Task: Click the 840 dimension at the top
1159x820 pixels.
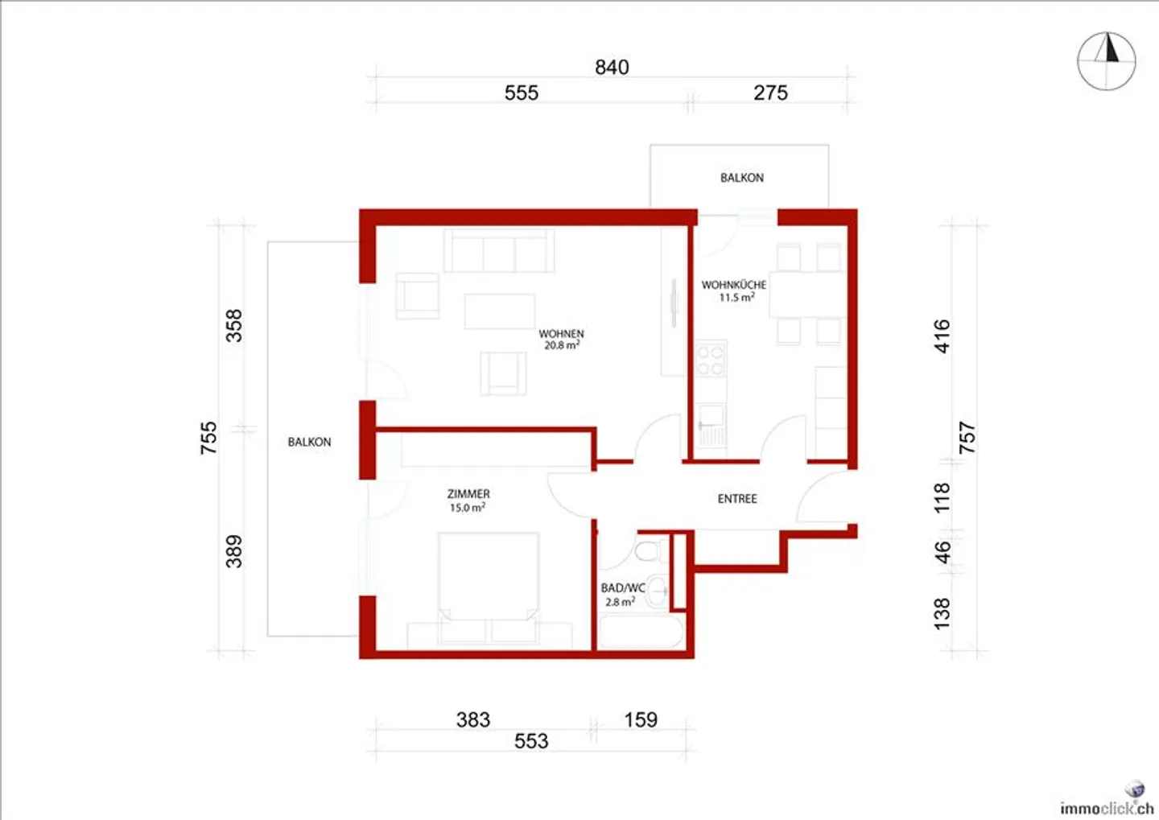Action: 612,68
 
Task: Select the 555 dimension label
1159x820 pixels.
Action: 522,93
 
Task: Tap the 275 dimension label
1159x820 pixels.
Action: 770,93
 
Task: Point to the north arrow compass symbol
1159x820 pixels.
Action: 1107,61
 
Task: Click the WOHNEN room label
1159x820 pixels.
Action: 562,334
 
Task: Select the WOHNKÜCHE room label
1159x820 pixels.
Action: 733,285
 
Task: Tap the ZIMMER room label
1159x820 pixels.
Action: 468,494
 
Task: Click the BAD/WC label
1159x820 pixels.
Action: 623,588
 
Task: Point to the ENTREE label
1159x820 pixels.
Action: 737,499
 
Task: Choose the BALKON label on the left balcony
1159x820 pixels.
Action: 310,442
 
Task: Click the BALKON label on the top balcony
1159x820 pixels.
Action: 742,178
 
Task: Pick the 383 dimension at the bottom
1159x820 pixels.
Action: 473,719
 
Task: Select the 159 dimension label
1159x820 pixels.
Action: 641,719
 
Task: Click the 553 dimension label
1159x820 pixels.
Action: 531,741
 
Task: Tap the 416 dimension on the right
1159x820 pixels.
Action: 942,336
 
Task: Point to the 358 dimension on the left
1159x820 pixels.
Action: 233,326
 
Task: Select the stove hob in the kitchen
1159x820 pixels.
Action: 710,360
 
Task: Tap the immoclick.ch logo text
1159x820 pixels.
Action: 1107,808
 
